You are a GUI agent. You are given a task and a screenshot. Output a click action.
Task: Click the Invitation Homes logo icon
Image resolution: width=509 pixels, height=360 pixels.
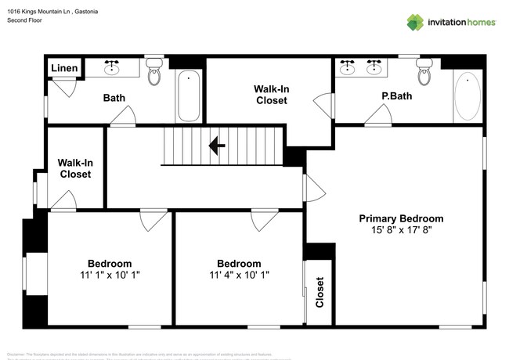(414, 22)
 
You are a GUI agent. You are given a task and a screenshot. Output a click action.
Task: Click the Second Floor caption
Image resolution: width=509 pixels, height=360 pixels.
(26, 21)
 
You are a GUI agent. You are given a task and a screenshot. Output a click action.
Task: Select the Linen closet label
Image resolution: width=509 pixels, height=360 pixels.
(64, 69)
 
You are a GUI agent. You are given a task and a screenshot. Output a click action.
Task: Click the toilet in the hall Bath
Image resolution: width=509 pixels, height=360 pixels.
(154, 74)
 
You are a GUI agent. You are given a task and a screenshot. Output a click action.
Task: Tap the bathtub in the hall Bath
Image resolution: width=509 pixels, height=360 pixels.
(189, 97)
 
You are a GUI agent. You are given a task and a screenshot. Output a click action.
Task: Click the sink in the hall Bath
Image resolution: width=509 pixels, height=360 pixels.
(113, 69)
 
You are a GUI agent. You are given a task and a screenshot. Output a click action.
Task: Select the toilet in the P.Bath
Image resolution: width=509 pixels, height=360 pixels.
(425, 73)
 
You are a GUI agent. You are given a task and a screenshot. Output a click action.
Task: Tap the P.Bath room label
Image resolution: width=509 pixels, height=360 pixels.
(396, 97)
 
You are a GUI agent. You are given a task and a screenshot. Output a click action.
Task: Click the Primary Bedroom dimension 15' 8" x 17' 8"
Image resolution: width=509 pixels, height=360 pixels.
(401, 231)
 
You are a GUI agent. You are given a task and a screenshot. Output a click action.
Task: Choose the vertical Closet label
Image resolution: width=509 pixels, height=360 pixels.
(319, 292)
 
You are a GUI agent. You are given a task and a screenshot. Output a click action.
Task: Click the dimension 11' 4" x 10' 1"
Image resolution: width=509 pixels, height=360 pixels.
(239, 275)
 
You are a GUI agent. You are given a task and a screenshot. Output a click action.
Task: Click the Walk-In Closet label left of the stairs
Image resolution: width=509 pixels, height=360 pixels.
(75, 168)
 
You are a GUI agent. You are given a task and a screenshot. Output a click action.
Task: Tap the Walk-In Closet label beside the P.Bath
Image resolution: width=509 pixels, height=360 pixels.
(271, 95)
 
